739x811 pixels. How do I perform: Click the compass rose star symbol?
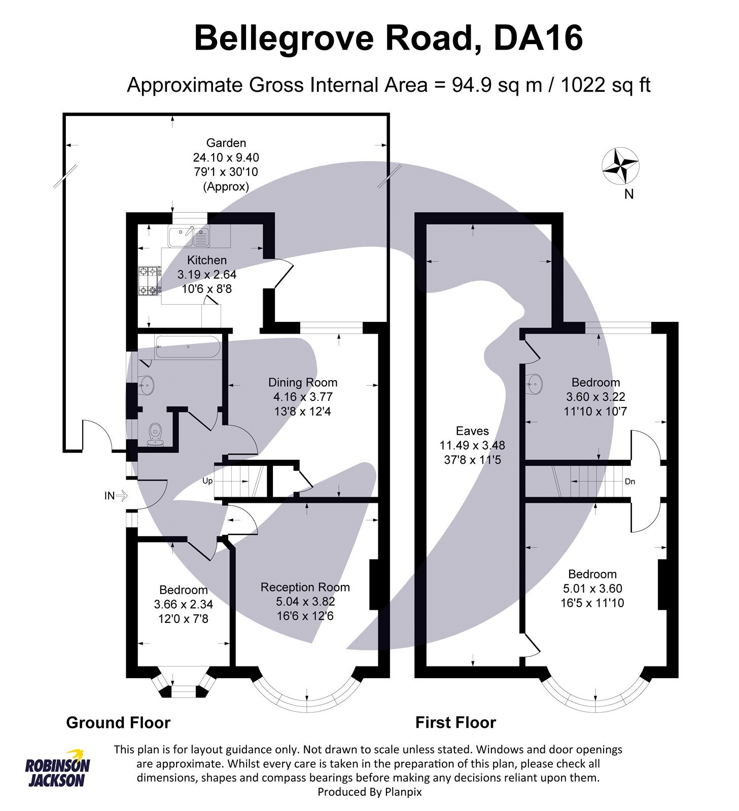point(620,166)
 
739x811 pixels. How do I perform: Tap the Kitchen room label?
point(206,260)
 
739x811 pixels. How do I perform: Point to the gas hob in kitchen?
point(150,280)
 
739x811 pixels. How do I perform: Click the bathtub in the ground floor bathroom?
point(188,347)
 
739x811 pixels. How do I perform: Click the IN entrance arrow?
point(116,496)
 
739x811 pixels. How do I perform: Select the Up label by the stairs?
point(207,481)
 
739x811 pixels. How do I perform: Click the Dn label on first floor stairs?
point(629,482)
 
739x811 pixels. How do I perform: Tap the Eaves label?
point(472,431)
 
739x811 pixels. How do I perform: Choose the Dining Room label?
point(302,382)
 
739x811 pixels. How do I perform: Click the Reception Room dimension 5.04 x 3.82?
point(305,602)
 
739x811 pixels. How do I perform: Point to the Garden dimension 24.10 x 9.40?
point(226,157)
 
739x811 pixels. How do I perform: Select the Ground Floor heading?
point(118,722)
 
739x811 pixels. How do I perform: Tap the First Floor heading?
point(455,722)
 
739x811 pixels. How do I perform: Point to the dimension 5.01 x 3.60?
point(592,588)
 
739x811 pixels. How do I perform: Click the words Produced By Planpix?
point(369,792)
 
